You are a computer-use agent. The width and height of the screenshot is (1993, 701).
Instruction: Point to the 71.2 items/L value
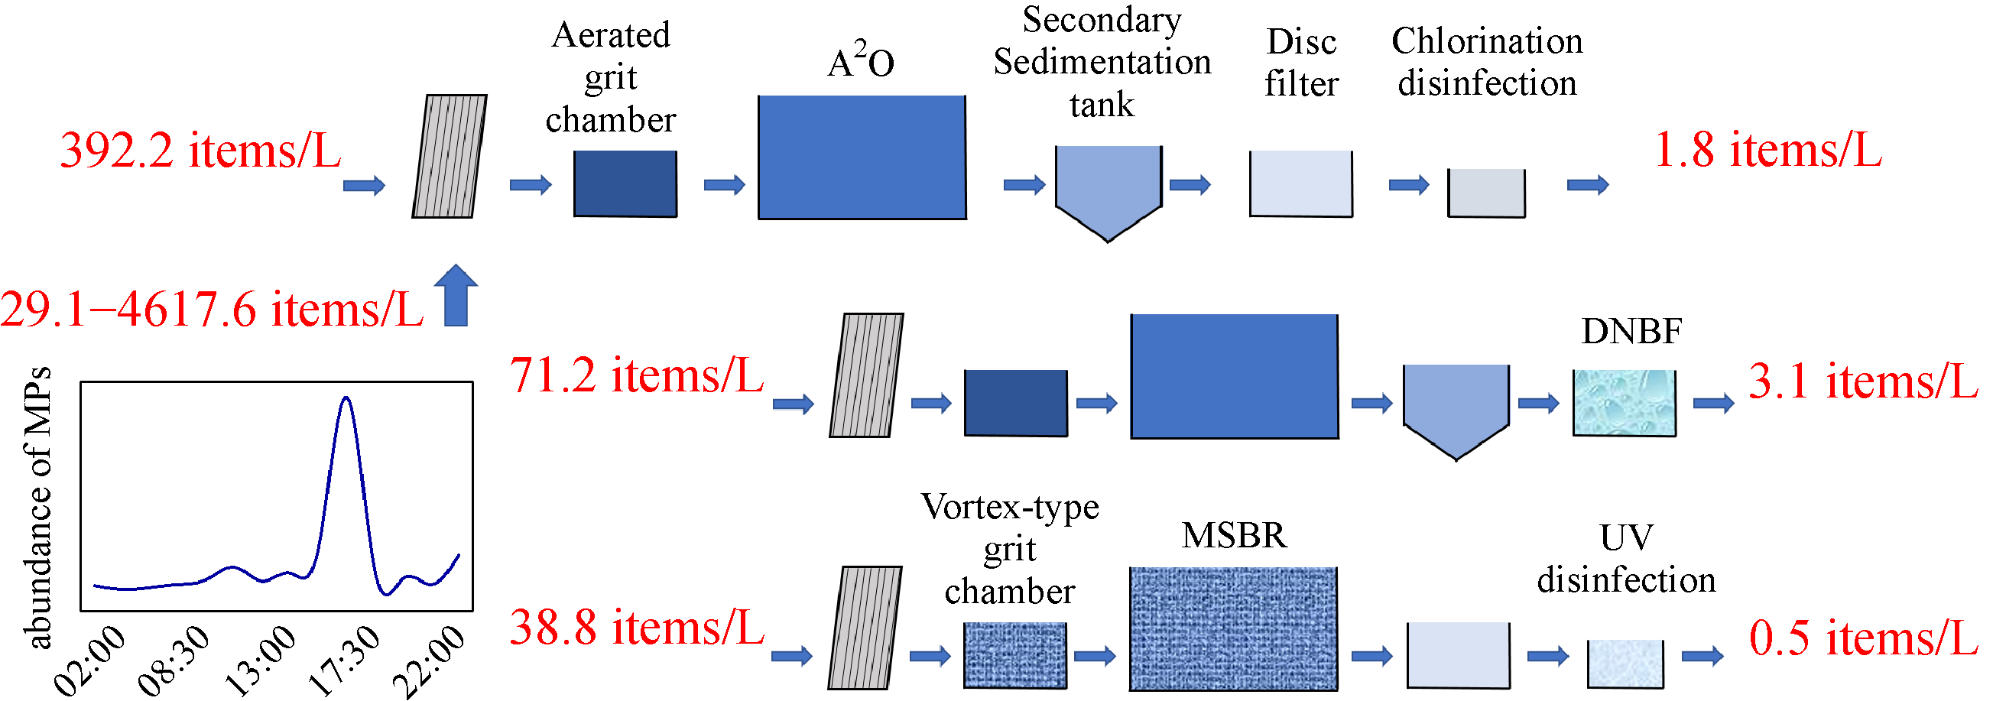(636, 376)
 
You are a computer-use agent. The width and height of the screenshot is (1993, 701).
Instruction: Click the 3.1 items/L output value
(1863, 381)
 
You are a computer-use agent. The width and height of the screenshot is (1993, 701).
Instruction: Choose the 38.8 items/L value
(636, 628)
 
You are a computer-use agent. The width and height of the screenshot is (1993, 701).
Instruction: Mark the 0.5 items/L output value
(1863, 638)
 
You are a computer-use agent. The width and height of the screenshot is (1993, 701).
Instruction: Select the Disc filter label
(1301, 63)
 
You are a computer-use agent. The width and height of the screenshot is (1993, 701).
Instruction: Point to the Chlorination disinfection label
(1487, 62)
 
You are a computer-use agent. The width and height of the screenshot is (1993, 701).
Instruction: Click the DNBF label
(1631, 331)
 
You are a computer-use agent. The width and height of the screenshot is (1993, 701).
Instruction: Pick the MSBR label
(1234, 535)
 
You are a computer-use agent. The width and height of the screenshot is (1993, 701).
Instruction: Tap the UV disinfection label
(1625, 559)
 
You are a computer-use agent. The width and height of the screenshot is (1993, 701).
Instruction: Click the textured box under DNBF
(1624, 402)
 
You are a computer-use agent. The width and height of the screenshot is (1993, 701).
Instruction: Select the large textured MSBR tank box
(1233, 628)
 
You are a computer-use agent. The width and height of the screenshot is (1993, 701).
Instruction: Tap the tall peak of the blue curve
(346, 400)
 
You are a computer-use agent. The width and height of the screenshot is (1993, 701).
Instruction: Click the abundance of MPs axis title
(39, 507)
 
